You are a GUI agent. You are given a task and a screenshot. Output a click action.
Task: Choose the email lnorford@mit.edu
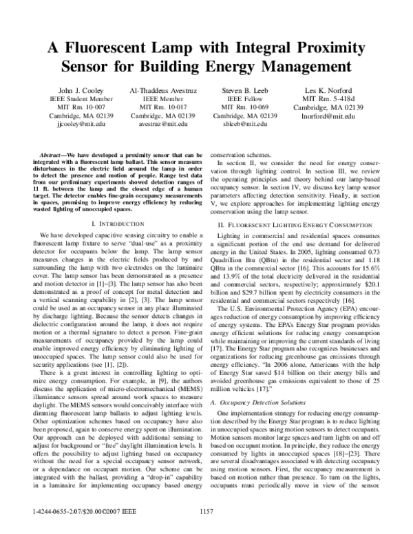pyautogui.click(x=328, y=116)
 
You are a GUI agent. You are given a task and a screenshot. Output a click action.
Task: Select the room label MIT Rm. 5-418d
pyautogui.click(x=328, y=99)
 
